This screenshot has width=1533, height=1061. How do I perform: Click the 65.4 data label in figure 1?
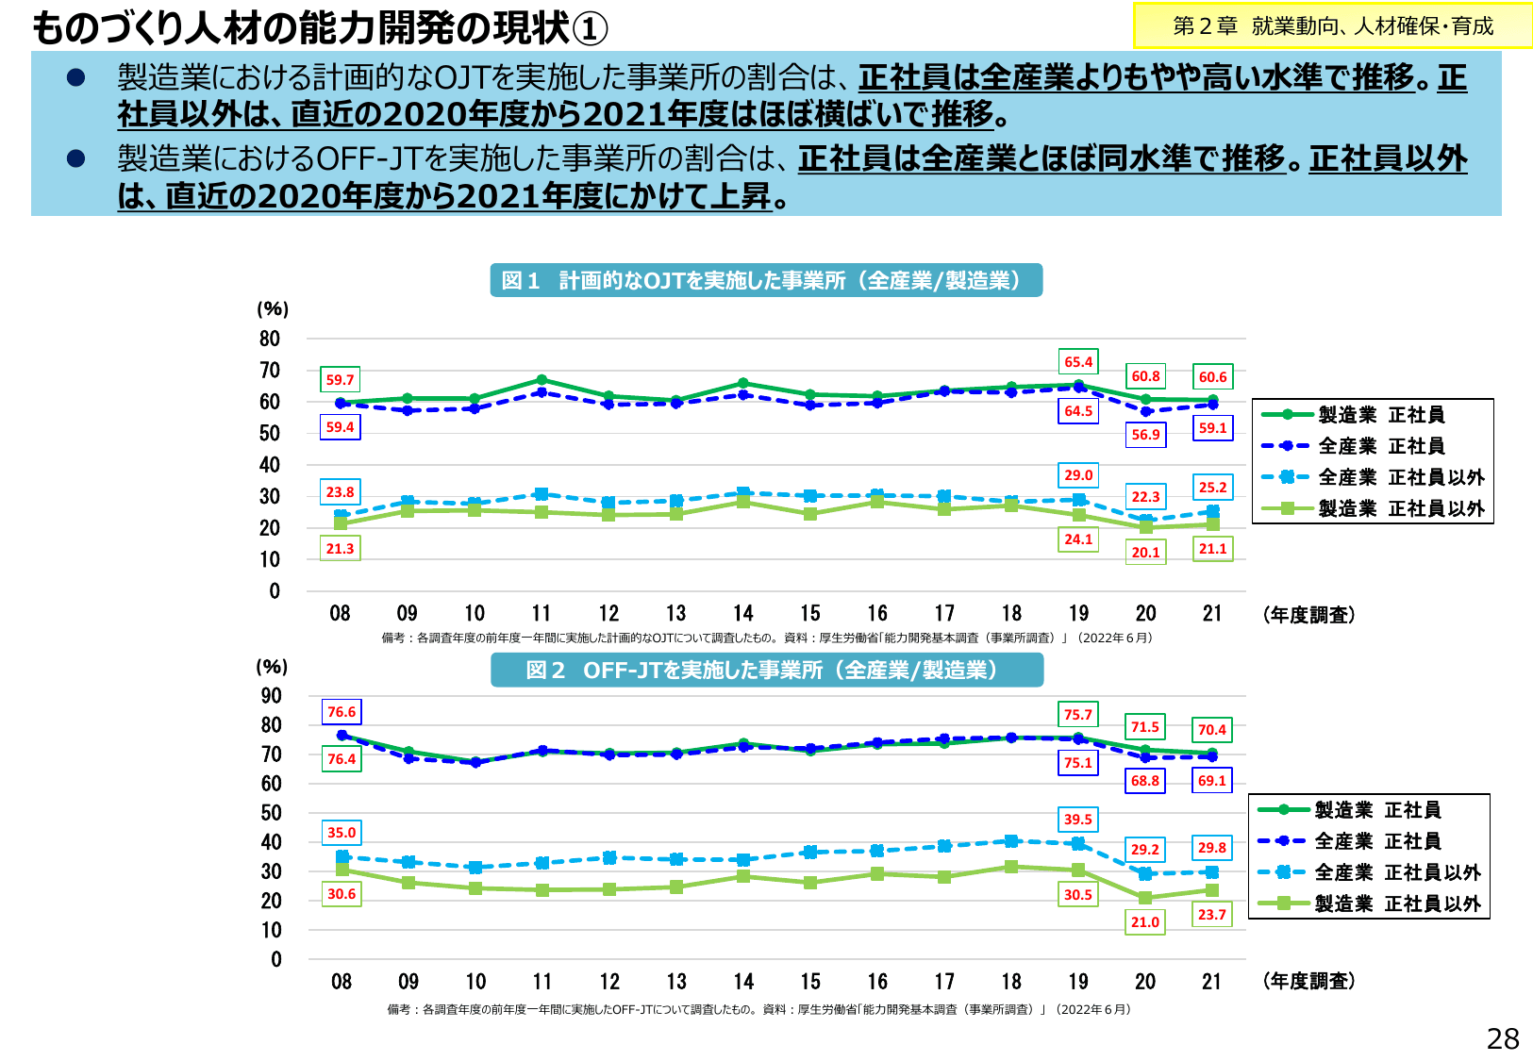[x=1078, y=362]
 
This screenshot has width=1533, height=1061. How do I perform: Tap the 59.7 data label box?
[x=340, y=380]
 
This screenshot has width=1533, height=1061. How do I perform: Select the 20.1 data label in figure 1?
[x=1145, y=553]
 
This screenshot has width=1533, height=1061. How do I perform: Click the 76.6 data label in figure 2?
[x=342, y=712]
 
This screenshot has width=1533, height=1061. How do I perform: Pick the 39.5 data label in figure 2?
[x=1077, y=820]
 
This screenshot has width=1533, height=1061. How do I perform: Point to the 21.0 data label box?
[x=1144, y=922]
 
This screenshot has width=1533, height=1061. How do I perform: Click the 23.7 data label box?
[x=1211, y=915]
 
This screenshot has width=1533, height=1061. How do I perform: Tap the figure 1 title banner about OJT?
[x=765, y=280]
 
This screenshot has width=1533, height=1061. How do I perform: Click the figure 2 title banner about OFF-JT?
[x=766, y=670]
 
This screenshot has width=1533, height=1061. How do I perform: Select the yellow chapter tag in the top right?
[x=1332, y=26]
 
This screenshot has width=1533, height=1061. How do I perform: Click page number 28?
[x=1502, y=1038]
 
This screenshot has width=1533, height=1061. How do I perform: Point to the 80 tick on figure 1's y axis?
[x=270, y=339]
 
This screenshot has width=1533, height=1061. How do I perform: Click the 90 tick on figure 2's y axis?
[x=271, y=696]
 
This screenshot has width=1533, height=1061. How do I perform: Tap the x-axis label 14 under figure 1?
[x=742, y=614]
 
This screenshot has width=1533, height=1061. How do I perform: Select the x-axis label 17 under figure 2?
[x=944, y=982]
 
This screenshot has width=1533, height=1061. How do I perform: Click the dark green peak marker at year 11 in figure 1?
[x=542, y=380]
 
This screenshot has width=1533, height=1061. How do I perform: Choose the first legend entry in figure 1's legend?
[x=1372, y=415]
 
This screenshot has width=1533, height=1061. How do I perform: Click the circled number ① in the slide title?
[x=590, y=29]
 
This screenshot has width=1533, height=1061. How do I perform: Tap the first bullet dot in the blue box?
[x=75, y=77]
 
